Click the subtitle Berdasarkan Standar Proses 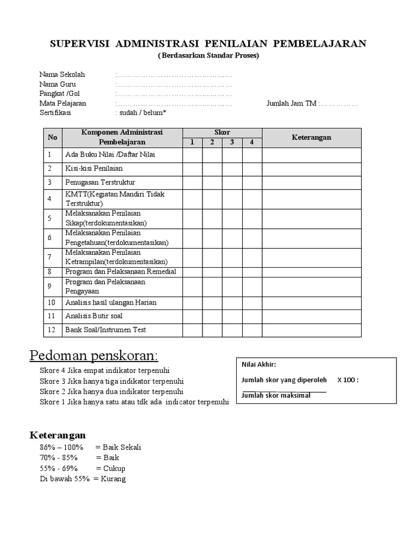click(208, 56)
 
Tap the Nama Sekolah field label click(62, 74)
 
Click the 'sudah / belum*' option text click(141, 113)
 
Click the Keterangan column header click(312, 138)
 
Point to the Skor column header click(222, 132)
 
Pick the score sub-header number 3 click(232, 143)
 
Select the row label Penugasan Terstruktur click(100, 182)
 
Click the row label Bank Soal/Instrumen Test click(105, 330)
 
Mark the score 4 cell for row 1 click(252, 155)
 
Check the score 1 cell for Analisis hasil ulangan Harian click(192, 302)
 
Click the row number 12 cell click(52, 330)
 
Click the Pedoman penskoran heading click(93, 356)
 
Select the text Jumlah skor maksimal click(276, 395)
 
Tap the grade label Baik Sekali click(118, 447)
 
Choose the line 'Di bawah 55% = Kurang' click(83, 479)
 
